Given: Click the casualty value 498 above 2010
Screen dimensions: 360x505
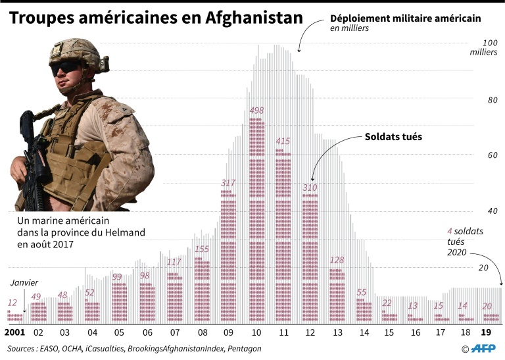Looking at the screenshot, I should [x=256, y=111].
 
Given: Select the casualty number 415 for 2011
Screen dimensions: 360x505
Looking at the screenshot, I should [x=283, y=141].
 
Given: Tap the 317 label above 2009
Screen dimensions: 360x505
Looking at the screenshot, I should [x=228, y=182].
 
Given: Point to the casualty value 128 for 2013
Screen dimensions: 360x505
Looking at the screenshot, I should [x=337, y=260].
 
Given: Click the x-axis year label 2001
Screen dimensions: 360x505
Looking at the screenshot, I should [x=15, y=333].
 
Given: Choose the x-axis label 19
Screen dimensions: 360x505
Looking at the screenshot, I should [x=487, y=333].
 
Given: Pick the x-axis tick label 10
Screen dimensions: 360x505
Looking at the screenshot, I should [x=256, y=333].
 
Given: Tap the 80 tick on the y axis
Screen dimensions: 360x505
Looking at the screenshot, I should [x=492, y=100].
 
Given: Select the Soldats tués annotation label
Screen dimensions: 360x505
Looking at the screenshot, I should [x=393, y=137].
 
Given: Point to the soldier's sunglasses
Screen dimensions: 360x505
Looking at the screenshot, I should [x=66, y=67].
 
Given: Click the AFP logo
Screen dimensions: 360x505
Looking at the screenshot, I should [x=483, y=348].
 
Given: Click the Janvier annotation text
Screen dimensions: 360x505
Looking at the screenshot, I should [x=24, y=283].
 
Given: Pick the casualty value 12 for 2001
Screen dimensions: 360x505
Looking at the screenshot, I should [x=12, y=303].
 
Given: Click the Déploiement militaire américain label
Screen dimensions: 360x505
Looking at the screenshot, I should [x=405, y=18].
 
